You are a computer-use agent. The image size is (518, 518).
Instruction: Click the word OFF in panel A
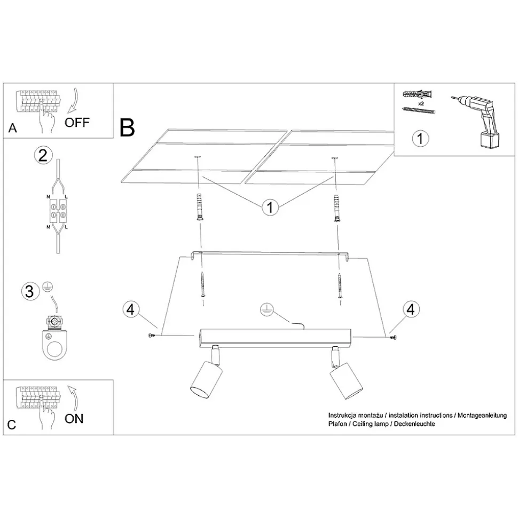[77, 123]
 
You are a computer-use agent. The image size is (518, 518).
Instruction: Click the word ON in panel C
[74, 419]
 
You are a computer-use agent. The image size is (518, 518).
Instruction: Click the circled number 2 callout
[43, 155]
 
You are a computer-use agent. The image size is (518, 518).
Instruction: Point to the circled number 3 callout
[30, 291]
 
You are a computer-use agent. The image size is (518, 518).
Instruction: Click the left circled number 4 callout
[131, 309]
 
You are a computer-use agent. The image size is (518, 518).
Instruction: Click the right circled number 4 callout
[411, 309]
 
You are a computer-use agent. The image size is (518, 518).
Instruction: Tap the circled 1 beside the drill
[420, 138]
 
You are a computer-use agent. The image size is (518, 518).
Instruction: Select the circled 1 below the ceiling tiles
[270, 207]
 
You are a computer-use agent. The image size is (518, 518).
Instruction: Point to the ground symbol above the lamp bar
[266, 309]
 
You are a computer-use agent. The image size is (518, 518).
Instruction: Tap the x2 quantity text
[421, 103]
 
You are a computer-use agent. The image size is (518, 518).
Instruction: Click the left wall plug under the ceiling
[200, 206]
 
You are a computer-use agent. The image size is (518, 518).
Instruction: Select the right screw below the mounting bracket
[340, 286]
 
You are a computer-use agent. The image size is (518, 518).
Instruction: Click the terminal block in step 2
[58, 211]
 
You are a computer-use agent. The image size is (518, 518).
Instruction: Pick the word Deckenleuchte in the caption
[414, 424]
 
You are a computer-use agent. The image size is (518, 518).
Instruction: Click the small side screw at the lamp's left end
[152, 336]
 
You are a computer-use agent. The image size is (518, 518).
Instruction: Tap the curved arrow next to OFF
[74, 99]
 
